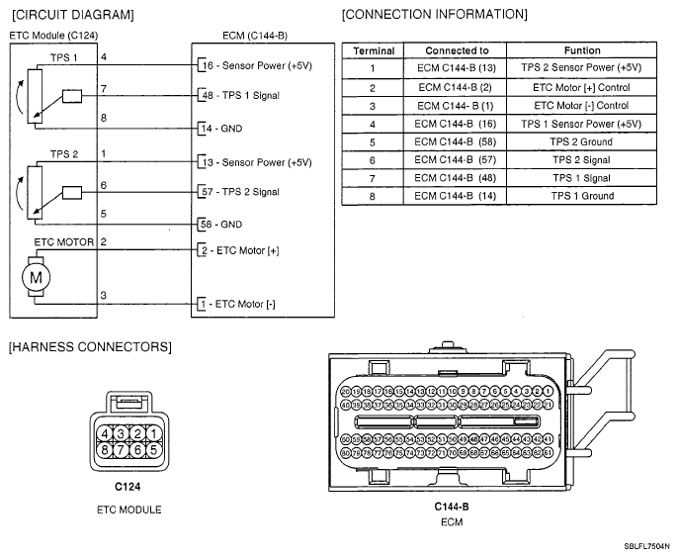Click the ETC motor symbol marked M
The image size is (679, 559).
[x=37, y=277]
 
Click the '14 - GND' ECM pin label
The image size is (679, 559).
[x=221, y=129]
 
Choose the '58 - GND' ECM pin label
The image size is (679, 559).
[x=221, y=224]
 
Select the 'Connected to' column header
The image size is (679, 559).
[x=457, y=50]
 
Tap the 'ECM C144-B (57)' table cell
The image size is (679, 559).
[x=457, y=159]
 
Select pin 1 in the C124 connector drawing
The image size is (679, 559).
[x=153, y=433]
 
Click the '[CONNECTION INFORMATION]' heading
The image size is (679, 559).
[x=434, y=15]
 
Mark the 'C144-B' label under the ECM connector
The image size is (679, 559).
[x=452, y=507]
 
